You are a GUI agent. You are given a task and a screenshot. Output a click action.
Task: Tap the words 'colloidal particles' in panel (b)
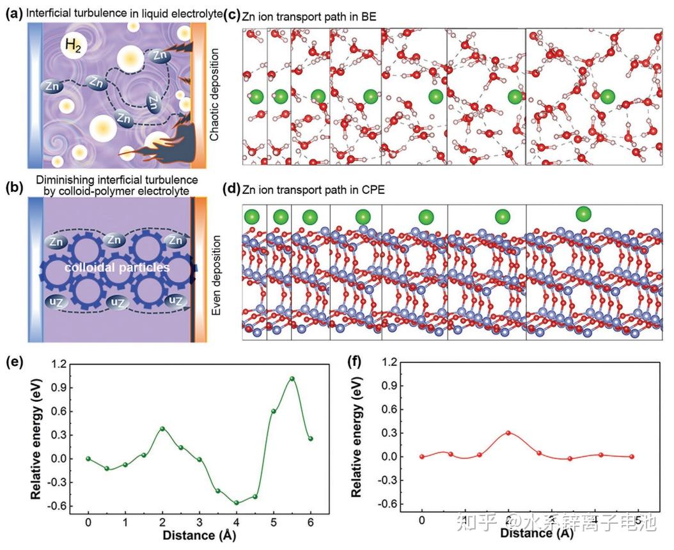pos(117,267)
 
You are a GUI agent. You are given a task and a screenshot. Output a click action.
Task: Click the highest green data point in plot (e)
pos(292,379)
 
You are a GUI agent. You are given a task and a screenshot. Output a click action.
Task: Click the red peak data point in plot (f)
pos(509,433)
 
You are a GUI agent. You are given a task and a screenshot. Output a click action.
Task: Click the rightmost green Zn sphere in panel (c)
pos(608,97)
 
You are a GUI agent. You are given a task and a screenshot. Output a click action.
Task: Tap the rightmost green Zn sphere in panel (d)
pos(583,213)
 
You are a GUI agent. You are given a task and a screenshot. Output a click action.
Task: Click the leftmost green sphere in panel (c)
pos(256,97)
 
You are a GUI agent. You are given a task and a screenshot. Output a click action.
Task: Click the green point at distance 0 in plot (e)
pos(88,459)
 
